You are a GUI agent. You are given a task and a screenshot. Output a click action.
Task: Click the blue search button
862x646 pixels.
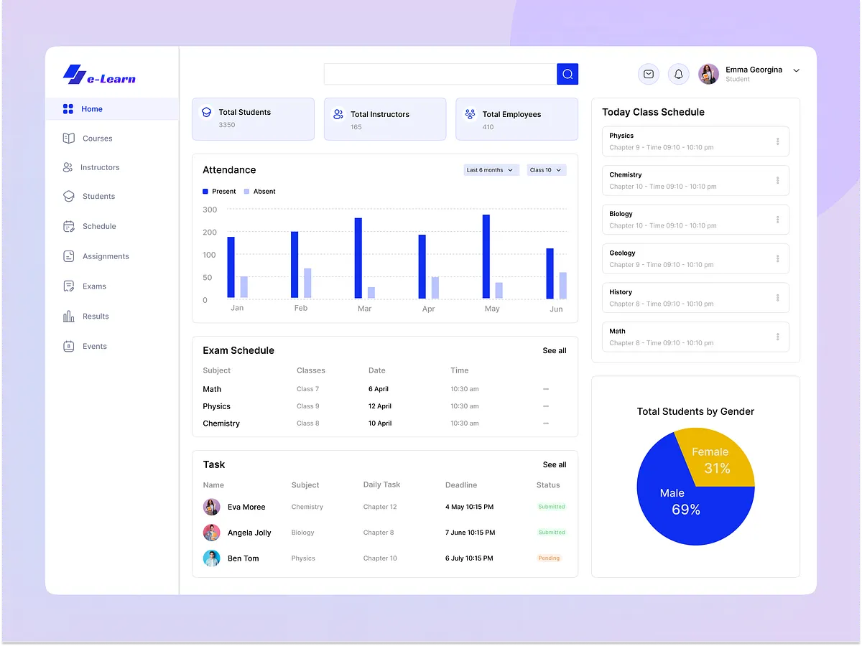pyautogui.click(x=567, y=74)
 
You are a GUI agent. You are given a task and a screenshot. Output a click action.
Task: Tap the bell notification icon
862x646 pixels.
pyautogui.click(x=679, y=74)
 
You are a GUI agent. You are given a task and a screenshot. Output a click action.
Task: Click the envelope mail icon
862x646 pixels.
pyautogui.click(x=649, y=74)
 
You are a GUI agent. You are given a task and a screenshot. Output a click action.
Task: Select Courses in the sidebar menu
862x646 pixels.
pyautogui.click(x=97, y=139)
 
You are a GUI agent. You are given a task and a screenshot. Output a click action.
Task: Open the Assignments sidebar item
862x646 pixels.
pyautogui.click(x=106, y=256)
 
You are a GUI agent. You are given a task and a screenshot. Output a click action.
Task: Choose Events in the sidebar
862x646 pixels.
pyautogui.click(x=94, y=346)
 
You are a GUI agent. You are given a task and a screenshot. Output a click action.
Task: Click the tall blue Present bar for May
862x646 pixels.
pyautogui.click(x=486, y=256)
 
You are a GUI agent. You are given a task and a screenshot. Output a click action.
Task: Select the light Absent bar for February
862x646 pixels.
pyautogui.click(x=307, y=283)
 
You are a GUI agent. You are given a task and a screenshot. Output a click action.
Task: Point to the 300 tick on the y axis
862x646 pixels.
pyautogui.click(x=210, y=210)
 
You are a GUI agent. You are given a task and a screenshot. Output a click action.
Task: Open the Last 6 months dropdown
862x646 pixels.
pyautogui.click(x=491, y=170)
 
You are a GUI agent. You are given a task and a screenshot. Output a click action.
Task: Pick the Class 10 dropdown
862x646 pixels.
pyautogui.click(x=546, y=170)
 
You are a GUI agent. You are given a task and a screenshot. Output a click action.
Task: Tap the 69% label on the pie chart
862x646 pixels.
pyautogui.click(x=686, y=510)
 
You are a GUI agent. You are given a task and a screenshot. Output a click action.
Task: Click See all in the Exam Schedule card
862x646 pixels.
pyautogui.click(x=555, y=351)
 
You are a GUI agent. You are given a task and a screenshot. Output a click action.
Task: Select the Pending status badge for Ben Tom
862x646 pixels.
pyautogui.click(x=549, y=558)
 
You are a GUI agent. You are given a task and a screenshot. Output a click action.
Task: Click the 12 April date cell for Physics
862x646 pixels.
pyautogui.click(x=380, y=406)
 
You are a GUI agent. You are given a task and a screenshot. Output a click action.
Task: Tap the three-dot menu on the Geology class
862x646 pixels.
pyautogui.click(x=777, y=258)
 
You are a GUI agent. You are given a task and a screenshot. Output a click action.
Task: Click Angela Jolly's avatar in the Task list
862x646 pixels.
pyautogui.click(x=211, y=533)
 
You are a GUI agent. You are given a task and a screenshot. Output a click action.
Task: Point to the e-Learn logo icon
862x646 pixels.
pyautogui.click(x=74, y=75)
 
